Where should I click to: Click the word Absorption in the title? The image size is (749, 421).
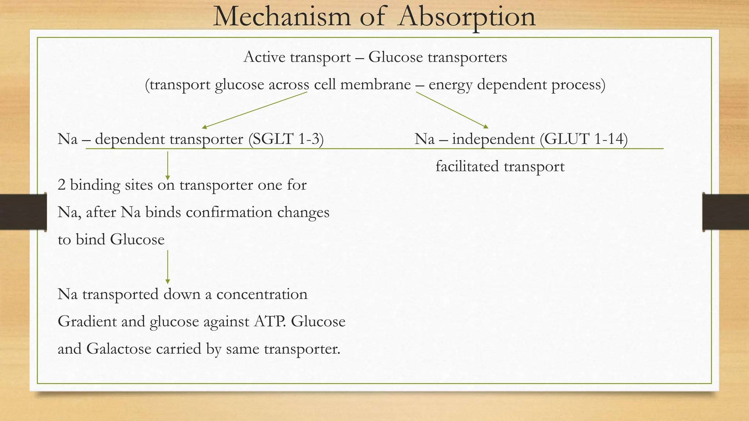pyautogui.click(x=467, y=17)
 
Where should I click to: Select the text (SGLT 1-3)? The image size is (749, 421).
pyautogui.click(x=286, y=139)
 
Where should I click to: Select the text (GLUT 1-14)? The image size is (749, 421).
pyautogui.click(x=586, y=139)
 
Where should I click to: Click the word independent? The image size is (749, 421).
pyautogui.click(x=493, y=139)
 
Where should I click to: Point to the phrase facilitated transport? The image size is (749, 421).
pyautogui.click(x=500, y=167)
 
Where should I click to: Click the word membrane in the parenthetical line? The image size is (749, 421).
pyautogui.click(x=375, y=85)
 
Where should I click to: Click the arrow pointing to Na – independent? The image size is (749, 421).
pyautogui.click(x=452, y=110)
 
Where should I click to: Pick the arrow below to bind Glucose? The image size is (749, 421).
pyautogui.click(x=168, y=267)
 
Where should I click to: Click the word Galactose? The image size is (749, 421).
pyautogui.click(x=119, y=349)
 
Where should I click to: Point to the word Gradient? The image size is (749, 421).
pyautogui.click(x=87, y=322)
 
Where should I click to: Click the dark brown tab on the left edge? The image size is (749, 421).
pyautogui.click(x=23, y=212)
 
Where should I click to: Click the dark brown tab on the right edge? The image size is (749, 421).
pyautogui.click(x=726, y=212)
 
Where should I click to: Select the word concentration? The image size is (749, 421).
pyautogui.click(x=262, y=294)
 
